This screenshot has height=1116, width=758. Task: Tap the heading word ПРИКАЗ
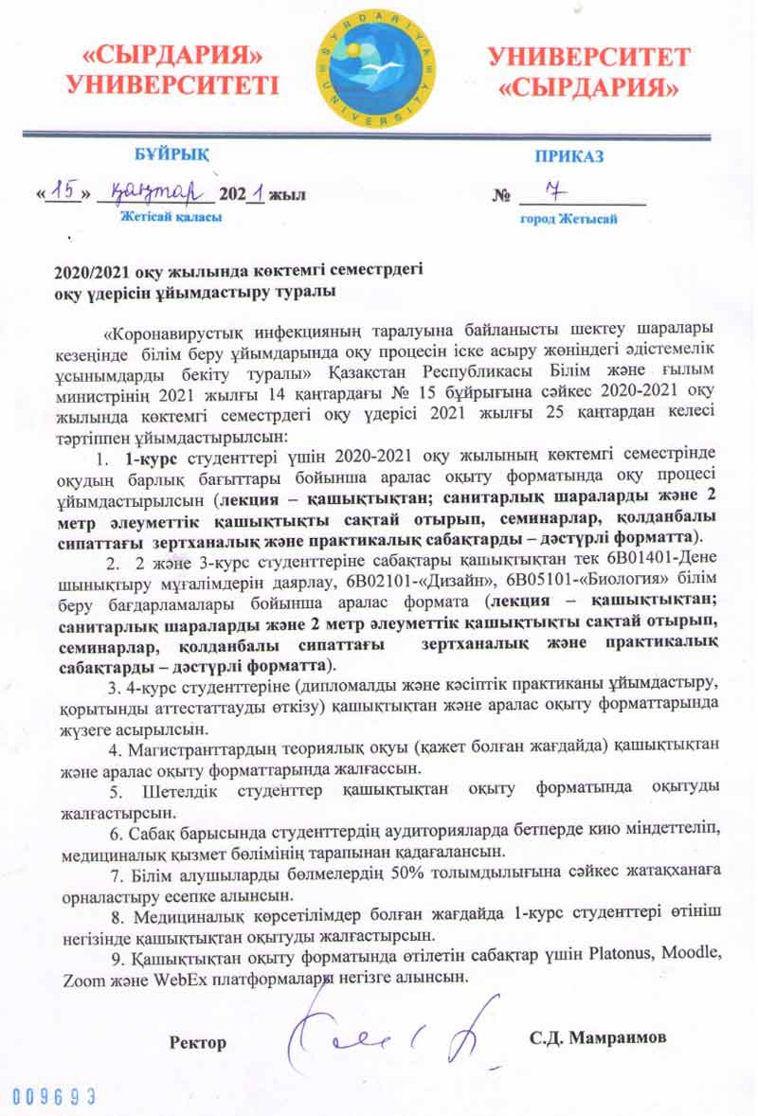(568, 156)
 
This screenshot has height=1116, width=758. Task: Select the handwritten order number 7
(559, 190)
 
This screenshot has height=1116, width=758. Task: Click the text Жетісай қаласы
(171, 217)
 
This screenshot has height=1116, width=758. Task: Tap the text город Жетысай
(568, 219)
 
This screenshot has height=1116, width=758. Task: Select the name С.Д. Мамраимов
(598, 1037)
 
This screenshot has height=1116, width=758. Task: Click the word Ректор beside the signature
(198, 1043)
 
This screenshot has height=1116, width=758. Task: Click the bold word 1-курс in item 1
(150, 462)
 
